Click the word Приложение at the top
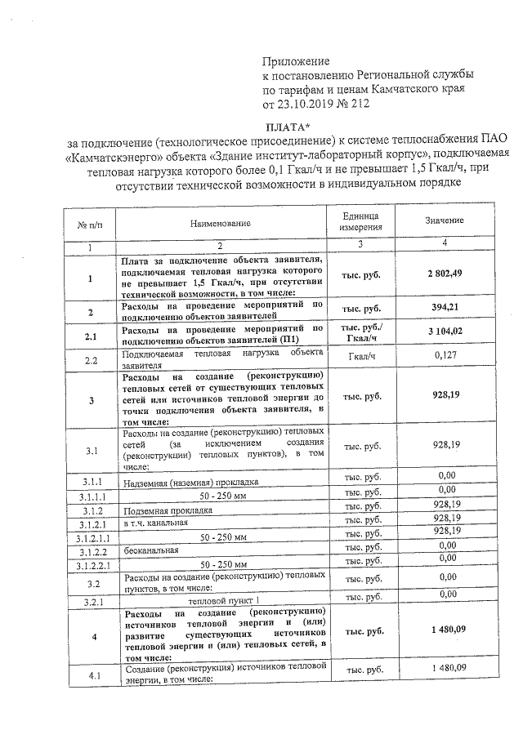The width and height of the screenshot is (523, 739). (x=295, y=61)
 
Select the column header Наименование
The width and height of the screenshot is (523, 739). (x=221, y=222)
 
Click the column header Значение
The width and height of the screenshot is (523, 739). (x=445, y=221)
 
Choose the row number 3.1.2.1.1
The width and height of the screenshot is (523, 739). (x=92, y=538)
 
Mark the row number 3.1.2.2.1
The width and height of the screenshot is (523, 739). (x=92, y=564)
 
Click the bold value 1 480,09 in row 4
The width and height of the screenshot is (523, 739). (x=445, y=631)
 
